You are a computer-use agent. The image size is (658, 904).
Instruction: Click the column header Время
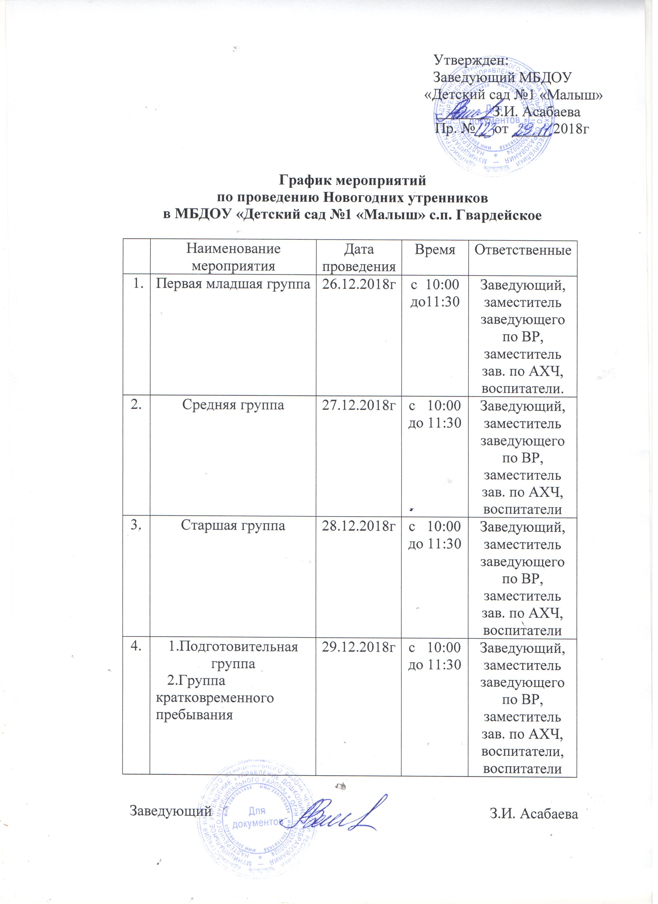point(435,250)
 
